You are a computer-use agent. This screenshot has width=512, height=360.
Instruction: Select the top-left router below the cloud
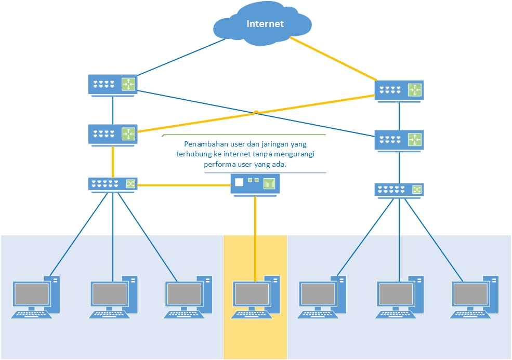pos(113,85)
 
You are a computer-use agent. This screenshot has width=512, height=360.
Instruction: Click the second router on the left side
pos(113,134)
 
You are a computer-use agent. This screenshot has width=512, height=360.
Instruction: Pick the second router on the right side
pos(399,140)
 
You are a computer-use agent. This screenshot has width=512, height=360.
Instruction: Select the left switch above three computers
pos(113,184)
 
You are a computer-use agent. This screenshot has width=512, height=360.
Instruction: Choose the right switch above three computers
pos(399,190)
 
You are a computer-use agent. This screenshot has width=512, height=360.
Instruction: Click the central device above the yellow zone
pos(255,184)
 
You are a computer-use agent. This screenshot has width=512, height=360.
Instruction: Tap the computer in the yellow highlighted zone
pos(255,296)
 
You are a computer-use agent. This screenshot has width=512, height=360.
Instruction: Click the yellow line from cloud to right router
pos(333,58)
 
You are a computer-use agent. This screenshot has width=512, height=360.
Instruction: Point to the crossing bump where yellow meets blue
pos(256,113)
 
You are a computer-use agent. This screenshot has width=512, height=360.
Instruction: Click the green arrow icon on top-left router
pos(128,84)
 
